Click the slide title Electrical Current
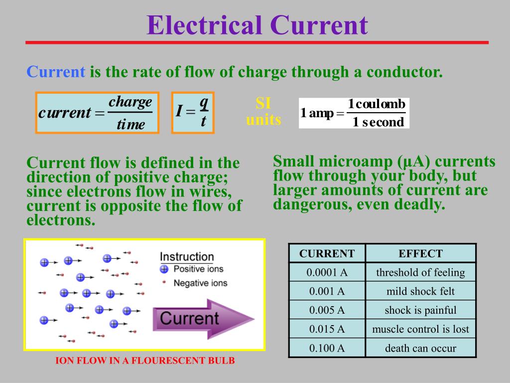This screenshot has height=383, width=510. click(257, 26)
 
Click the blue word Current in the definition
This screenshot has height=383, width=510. click(56, 72)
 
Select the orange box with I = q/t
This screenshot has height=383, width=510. click(193, 113)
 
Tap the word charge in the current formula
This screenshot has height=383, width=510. click(130, 102)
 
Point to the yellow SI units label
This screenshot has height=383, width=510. click(263, 112)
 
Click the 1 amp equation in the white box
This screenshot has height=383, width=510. click(354, 113)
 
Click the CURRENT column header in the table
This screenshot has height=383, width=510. click(327, 253)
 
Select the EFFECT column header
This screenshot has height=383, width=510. click(420, 253)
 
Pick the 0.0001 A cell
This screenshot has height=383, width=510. click(327, 272)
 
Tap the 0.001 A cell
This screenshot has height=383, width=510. click(327, 291)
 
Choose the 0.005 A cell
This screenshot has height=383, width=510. click(327, 310)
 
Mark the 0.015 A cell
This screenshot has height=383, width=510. click(327, 329)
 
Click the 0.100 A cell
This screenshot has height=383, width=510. click(327, 348)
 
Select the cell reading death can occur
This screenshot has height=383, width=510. click(420, 348)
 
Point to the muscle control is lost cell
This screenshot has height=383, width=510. click(420, 329)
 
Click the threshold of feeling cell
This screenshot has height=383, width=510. click(420, 272)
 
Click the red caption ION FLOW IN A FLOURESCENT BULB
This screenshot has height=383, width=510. click(144, 361)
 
